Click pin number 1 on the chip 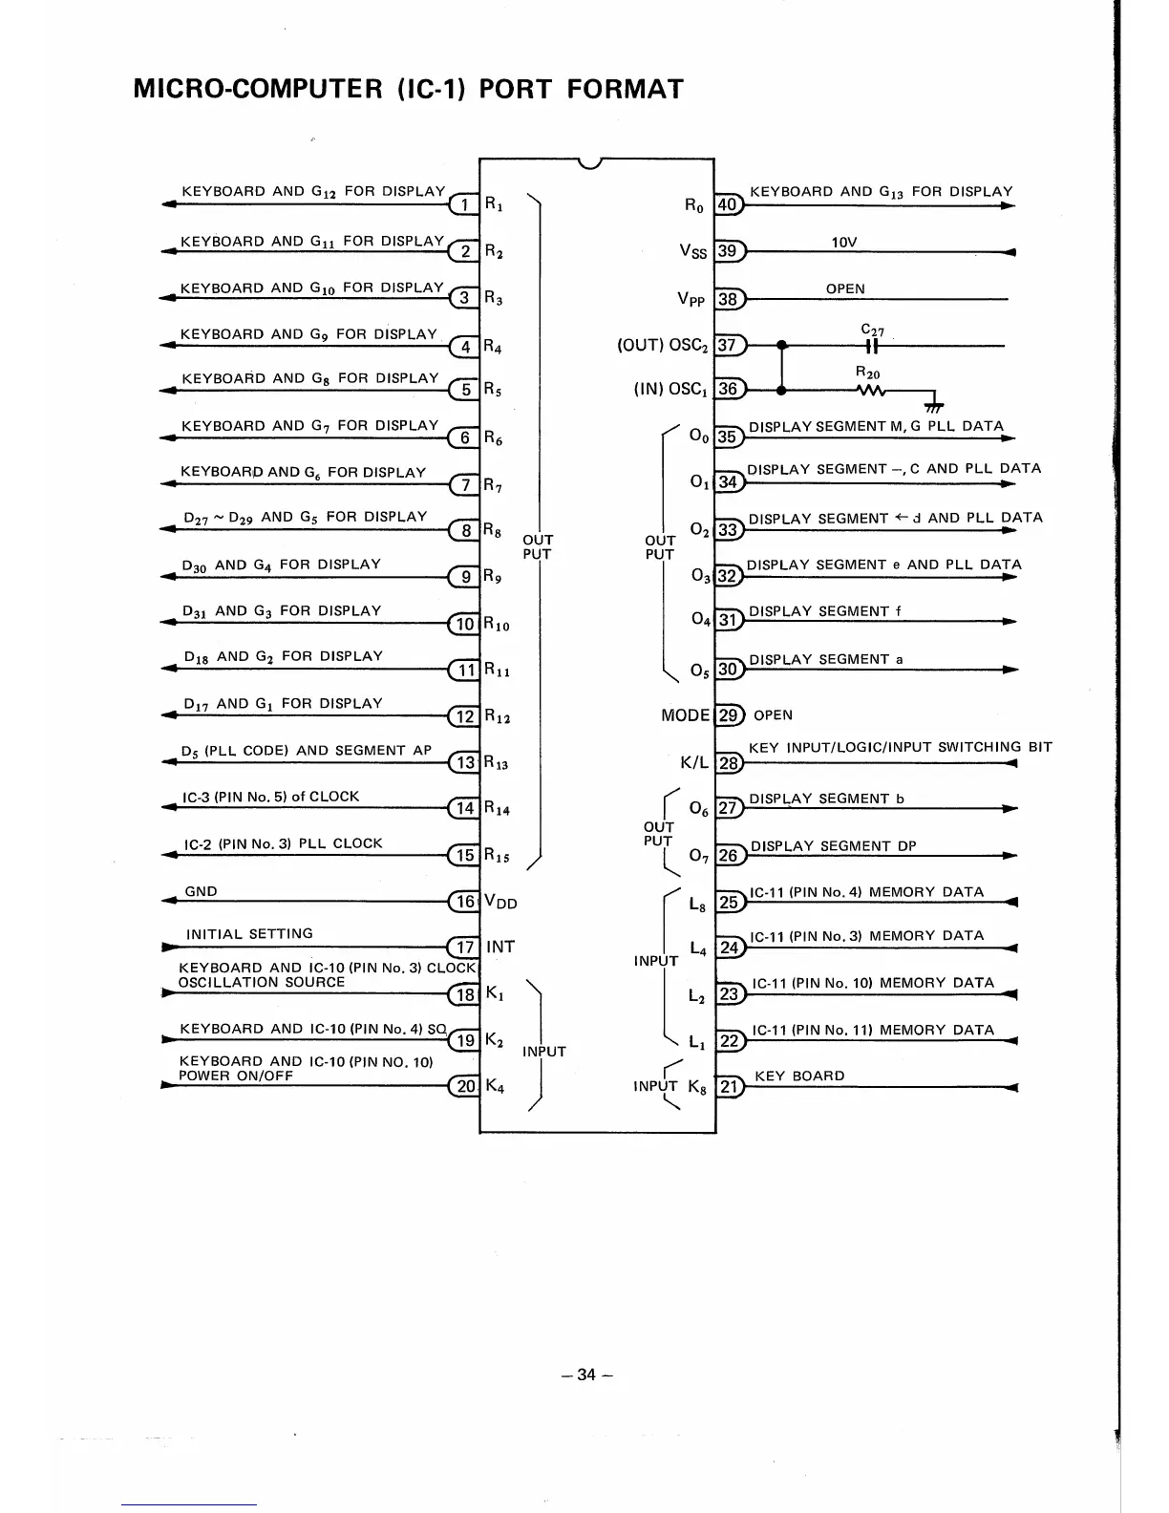coord(463,204)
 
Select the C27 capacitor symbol coord(871,347)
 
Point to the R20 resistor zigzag coord(872,390)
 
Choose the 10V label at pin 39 coord(844,243)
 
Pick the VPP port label coord(691,299)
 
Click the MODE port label coord(686,715)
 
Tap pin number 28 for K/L coord(729,762)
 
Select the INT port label coord(500,947)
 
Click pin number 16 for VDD coord(464,901)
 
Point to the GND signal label coord(201,891)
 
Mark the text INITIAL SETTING coord(249,933)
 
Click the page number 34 coord(586,1374)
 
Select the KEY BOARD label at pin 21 coord(799,1076)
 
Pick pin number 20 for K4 coord(464,1086)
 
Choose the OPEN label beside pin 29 coord(773,715)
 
